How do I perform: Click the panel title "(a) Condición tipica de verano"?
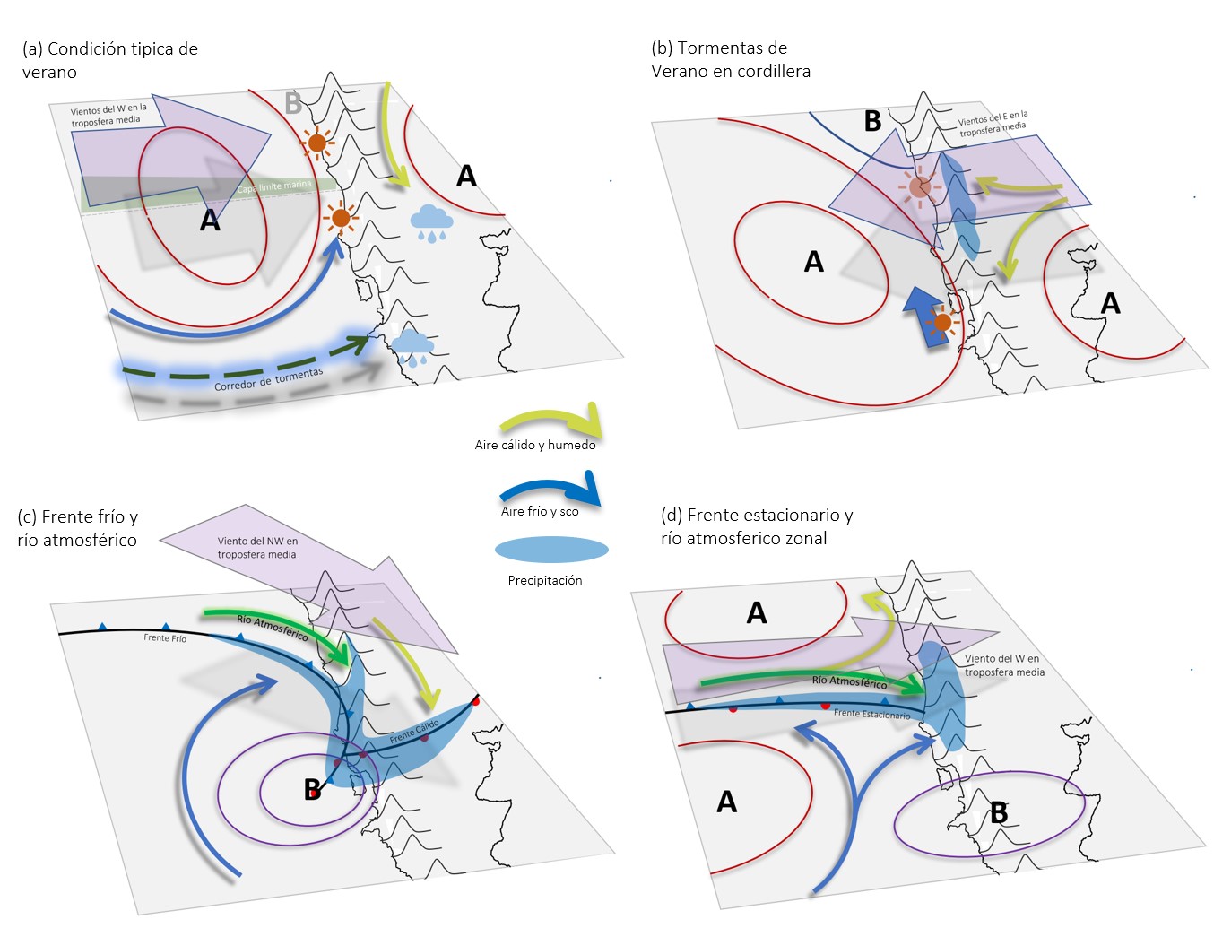pyautogui.click(x=109, y=60)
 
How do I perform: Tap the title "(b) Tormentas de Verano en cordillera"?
pyautogui.click(x=730, y=59)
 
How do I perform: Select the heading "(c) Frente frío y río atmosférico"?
pyautogui.click(x=77, y=528)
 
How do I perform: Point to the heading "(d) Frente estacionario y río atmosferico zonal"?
pyautogui.click(x=756, y=526)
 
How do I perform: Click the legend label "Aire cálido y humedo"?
pyautogui.click(x=534, y=445)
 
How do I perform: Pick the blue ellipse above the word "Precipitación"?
pyautogui.click(x=551, y=550)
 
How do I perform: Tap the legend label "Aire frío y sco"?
pyautogui.click(x=540, y=511)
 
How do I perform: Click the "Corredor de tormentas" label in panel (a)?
pyautogui.click(x=268, y=379)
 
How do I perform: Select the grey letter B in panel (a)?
pyautogui.click(x=292, y=104)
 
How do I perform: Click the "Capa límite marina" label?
pyautogui.click(x=274, y=186)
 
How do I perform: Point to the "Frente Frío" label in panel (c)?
pyautogui.click(x=165, y=638)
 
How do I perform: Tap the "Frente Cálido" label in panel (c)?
pyautogui.click(x=414, y=732)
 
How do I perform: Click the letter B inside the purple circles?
pyautogui.click(x=311, y=790)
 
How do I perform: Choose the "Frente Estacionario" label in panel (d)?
pyautogui.click(x=871, y=714)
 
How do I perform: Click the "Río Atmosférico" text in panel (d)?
pyautogui.click(x=849, y=682)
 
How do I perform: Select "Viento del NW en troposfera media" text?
pyautogui.click(x=257, y=548)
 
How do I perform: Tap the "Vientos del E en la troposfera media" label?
pyautogui.click(x=993, y=124)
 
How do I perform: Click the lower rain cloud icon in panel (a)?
pyautogui.click(x=412, y=346)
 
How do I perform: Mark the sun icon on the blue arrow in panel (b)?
pyautogui.click(x=941, y=322)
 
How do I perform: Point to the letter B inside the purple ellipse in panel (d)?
pyautogui.click(x=999, y=813)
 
